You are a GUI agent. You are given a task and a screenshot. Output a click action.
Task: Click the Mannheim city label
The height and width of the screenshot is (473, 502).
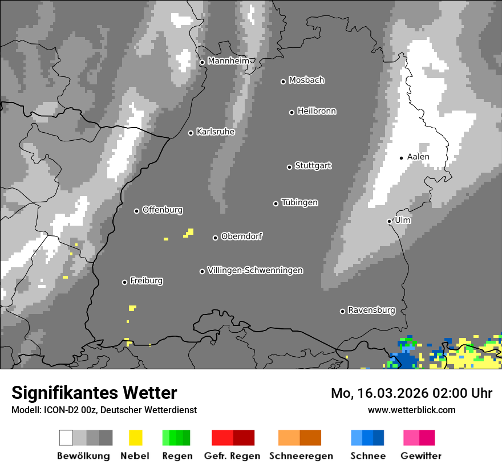coord(228,61)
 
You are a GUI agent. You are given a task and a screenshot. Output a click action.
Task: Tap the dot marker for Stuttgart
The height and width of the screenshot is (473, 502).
coord(289,167)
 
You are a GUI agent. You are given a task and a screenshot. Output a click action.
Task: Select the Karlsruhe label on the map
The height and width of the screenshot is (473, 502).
coord(216,132)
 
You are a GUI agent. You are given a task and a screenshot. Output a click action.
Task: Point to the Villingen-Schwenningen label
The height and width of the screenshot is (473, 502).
coord(255,270)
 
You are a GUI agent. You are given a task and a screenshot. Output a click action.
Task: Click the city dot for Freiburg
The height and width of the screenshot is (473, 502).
coord(124,282)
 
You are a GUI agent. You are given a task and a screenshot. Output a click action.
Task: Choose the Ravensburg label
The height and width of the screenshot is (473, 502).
coord(371,311)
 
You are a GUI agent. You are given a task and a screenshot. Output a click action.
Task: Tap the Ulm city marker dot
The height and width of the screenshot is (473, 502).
coord(390,221)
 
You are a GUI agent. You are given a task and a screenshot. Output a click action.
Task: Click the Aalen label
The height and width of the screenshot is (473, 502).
coord(418,157)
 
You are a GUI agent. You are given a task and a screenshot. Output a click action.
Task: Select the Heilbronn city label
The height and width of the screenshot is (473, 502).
coord(317,111)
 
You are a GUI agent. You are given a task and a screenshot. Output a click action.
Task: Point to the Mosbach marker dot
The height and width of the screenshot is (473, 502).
coord(283,81)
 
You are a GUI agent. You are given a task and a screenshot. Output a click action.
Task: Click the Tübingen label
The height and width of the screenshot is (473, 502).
coord(299,203)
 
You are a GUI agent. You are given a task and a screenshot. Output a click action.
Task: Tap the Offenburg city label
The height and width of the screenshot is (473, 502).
coord(163,210)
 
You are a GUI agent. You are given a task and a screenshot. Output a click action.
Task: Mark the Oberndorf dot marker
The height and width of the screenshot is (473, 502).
coord(215,238)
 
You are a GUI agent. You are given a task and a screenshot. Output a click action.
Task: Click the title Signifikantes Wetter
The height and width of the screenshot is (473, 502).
coord(94,393)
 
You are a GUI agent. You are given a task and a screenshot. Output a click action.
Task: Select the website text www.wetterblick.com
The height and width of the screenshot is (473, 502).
coord(411,410)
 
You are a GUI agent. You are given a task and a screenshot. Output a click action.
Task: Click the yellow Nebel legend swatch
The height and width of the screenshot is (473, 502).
coord(135,438)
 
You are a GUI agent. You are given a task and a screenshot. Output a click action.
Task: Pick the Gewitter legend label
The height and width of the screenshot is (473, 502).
coord(421,456)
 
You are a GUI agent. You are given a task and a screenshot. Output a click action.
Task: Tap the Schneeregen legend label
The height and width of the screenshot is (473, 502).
coord(301,456)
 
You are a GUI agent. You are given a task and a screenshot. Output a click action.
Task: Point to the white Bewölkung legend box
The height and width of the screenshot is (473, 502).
coord(66,438)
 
